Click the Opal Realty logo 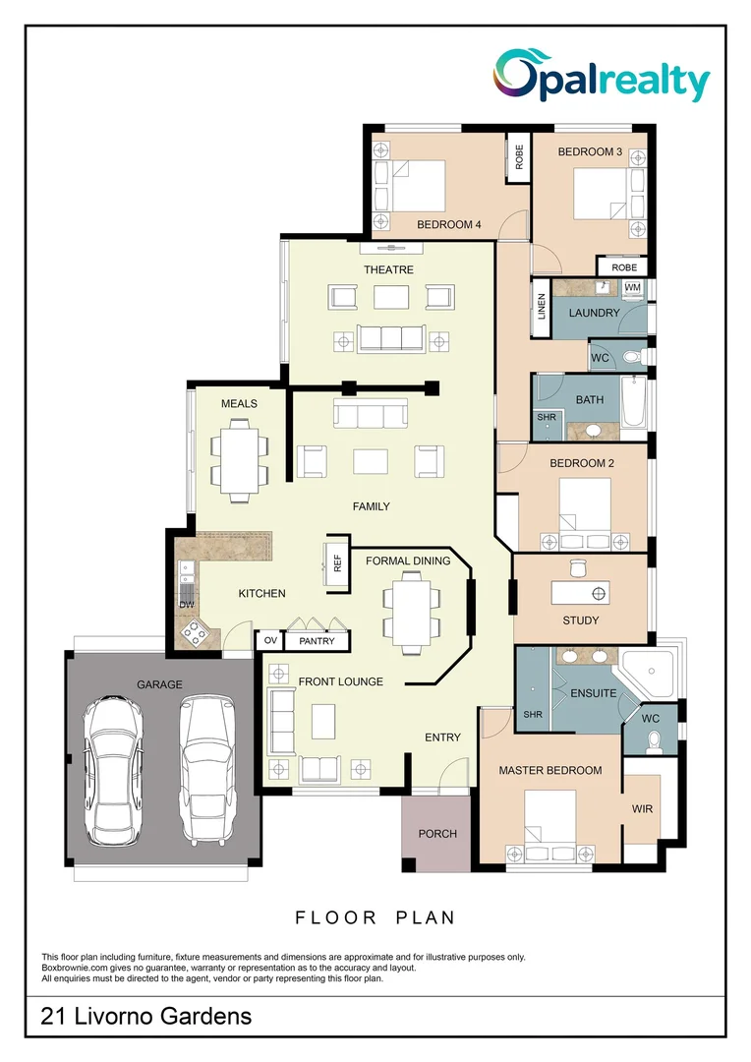[601, 77]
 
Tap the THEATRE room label [388, 269]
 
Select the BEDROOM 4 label [448, 225]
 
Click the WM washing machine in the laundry [632, 287]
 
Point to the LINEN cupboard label [541, 308]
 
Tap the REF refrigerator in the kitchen [336, 564]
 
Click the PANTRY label [317, 641]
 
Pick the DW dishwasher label [186, 603]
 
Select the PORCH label [437, 834]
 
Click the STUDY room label [581, 620]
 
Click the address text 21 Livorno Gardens [145, 1016]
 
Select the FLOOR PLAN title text [375, 917]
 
